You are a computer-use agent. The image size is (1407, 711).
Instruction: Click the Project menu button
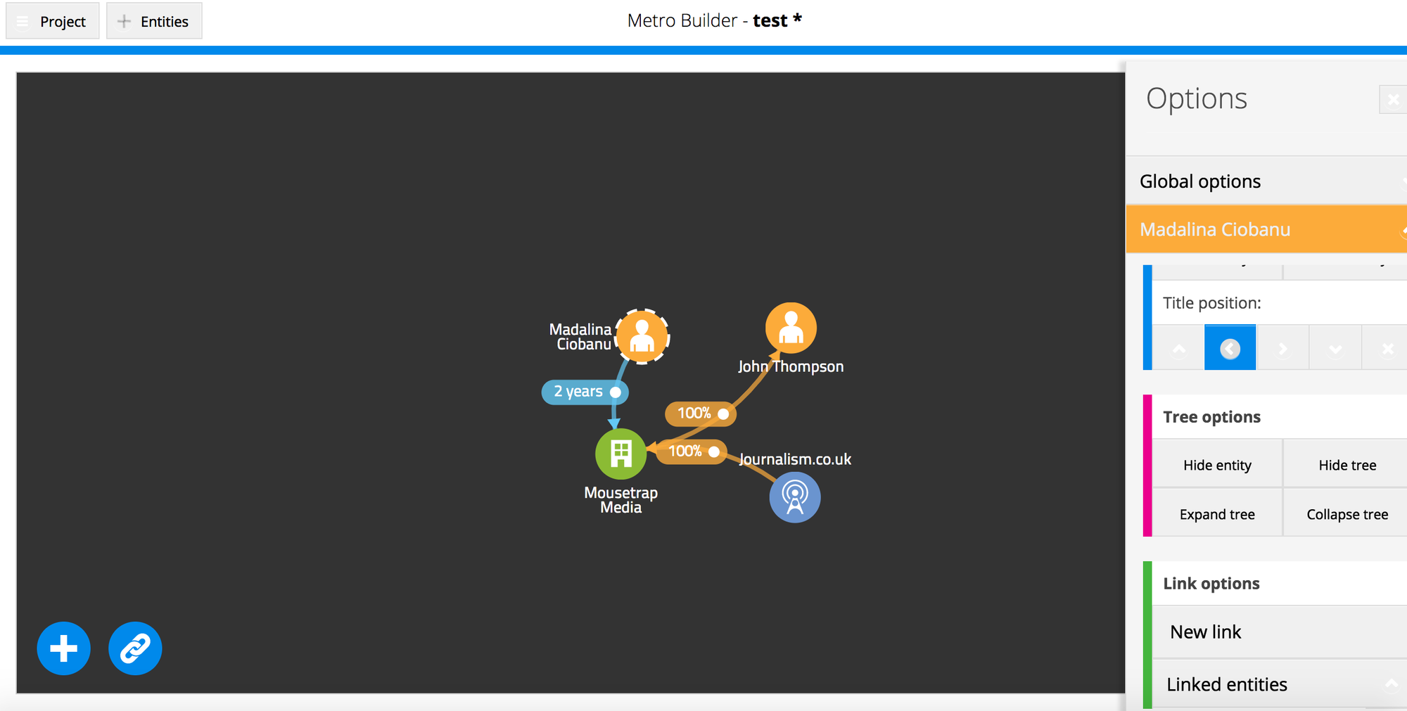pyautogui.click(x=53, y=21)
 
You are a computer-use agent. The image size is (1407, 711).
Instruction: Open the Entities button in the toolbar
pyautogui.click(x=154, y=21)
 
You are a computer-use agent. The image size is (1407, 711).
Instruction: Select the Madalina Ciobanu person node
pyautogui.click(x=642, y=336)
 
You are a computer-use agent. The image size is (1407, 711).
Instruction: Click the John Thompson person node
pyautogui.click(x=791, y=328)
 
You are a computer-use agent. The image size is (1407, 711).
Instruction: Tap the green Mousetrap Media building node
pyautogui.click(x=620, y=454)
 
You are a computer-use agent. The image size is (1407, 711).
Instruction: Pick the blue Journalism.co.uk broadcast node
pyautogui.click(x=795, y=497)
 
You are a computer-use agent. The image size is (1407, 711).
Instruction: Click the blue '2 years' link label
pyautogui.click(x=584, y=392)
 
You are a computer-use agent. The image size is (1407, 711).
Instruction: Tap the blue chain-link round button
pyautogui.click(x=135, y=648)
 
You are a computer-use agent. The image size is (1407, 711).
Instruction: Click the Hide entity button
pyautogui.click(x=1217, y=465)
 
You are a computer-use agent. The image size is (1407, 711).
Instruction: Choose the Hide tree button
pyautogui.click(x=1346, y=465)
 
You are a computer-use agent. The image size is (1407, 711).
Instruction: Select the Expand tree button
pyautogui.click(x=1217, y=514)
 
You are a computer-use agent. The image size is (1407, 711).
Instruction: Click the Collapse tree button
pyautogui.click(x=1346, y=514)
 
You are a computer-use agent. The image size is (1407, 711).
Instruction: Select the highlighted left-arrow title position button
pyautogui.click(x=1230, y=348)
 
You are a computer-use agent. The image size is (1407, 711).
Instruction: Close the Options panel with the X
pyautogui.click(x=1393, y=100)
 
